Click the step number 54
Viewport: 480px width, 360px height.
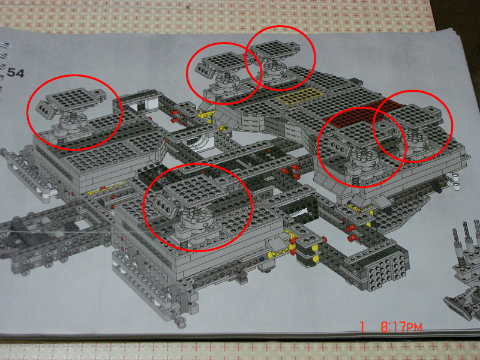(16, 73)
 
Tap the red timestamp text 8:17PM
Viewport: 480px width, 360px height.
(401, 327)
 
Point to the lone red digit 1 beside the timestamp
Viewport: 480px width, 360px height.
(362, 327)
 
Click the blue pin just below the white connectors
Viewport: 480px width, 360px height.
(440, 191)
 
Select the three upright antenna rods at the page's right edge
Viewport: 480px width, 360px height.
(467, 236)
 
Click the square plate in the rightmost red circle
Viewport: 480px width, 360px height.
(415, 116)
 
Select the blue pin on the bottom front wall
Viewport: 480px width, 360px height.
(262, 259)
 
